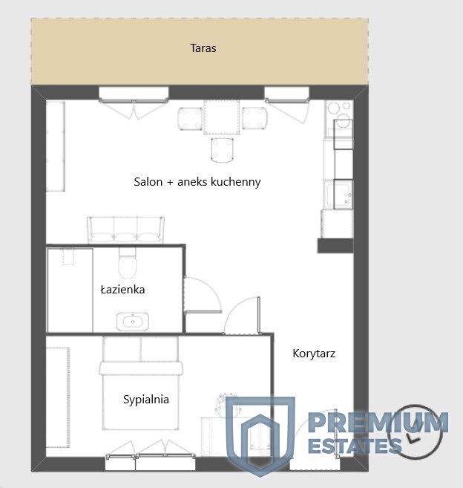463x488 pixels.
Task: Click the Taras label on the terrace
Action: tap(203, 48)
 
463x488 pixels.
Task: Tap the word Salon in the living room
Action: tap(148, 182)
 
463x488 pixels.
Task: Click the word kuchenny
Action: tap(236, 182)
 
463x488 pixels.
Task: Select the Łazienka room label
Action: tap(122, 290)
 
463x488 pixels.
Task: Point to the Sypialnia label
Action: tap(146, 400)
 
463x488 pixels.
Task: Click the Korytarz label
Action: tap(314, 354)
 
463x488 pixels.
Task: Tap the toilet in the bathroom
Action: tap(127, 263)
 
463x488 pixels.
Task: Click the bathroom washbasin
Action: tap(133, 322)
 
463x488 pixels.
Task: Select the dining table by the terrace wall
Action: tap(222, 117)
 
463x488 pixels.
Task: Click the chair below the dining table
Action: tap(222, 150)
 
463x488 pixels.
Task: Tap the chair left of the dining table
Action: tap(190, 118)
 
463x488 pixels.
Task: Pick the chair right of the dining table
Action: tap(255, 118)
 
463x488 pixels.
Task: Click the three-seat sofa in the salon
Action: tap(125, 230)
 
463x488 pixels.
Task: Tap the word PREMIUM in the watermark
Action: tap(378, 423)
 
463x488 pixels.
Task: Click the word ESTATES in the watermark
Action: tap(355, 446)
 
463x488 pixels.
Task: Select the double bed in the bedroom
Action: tap(141, 383)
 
